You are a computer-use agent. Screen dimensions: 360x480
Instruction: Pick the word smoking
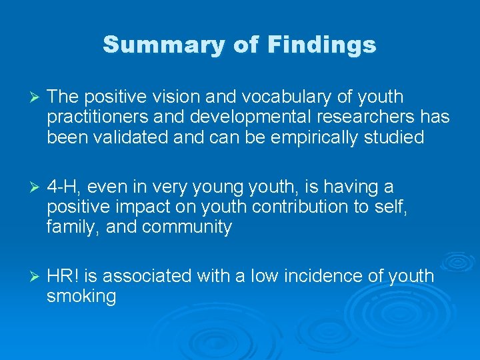tap(81, 297)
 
